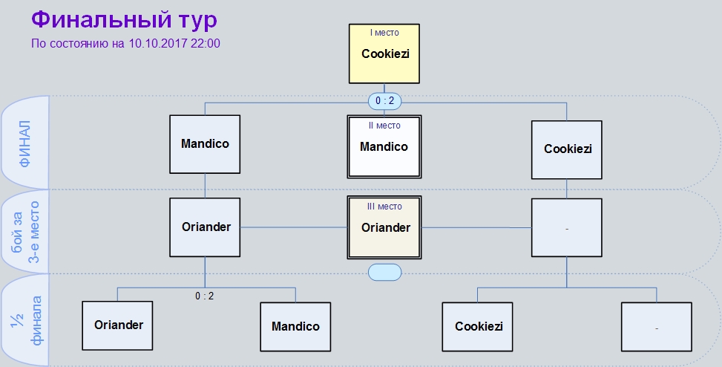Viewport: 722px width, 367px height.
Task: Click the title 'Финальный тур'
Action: pos(124,20)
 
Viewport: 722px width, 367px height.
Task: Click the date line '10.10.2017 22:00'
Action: pos(174,43)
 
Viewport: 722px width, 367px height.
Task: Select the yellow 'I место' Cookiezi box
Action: pos(384,53)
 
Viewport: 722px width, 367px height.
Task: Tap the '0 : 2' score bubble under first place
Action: pos(384,101)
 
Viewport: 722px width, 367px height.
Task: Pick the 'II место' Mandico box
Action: pos(384,146)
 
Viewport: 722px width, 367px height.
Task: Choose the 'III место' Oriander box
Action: pos(384,227)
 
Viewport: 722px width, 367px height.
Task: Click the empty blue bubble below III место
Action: pos(384,273)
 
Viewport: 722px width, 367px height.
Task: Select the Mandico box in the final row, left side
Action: pos(205,144)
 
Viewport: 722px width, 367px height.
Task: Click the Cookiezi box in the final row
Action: pos(566,150)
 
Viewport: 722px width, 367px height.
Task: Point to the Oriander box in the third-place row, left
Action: pos(205,227)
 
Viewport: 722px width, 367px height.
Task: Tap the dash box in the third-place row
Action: pos(566,228)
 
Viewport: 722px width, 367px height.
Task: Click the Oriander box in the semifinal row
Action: pos(117,325)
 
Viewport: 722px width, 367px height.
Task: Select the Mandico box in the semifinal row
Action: pos(295,326)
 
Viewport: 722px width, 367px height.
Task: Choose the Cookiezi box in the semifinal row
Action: pos(477,326)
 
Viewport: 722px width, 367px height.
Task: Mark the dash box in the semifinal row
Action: pos(656,326)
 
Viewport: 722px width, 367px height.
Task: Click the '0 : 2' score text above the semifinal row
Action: pos(205,296)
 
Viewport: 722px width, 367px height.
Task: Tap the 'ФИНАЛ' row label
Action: pos(24,143)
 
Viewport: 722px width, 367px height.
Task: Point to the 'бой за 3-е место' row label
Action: pos(25,232)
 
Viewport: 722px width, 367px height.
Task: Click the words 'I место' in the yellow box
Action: pos(384,33)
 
